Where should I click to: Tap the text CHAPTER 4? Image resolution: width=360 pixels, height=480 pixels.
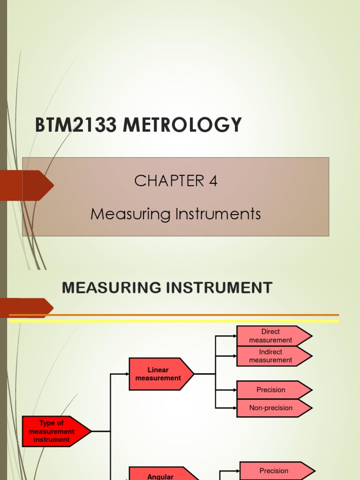176,181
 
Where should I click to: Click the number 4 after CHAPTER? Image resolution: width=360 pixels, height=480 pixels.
213,181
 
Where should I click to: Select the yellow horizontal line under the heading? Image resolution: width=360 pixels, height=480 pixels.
173,321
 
